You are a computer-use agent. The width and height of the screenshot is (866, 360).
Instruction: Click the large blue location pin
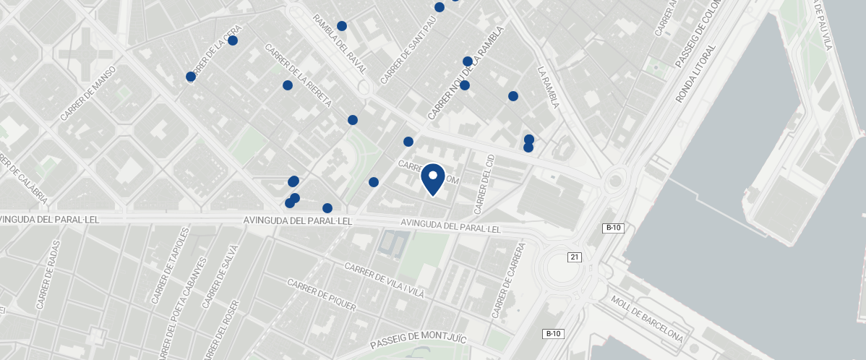point(432,179)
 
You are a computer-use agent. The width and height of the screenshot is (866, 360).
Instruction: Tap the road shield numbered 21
point(575,257)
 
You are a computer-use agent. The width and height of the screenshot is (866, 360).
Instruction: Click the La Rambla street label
point(549,87)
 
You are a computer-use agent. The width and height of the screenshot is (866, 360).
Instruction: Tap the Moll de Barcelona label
point(646,319)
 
